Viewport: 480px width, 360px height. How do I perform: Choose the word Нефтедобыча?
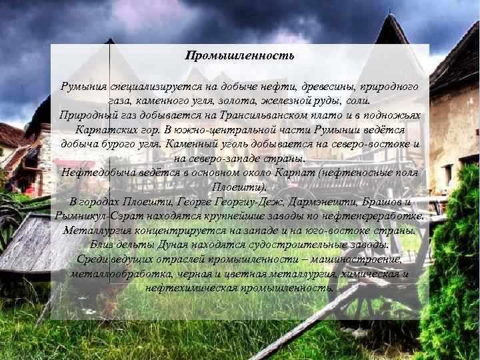click(94, 172)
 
